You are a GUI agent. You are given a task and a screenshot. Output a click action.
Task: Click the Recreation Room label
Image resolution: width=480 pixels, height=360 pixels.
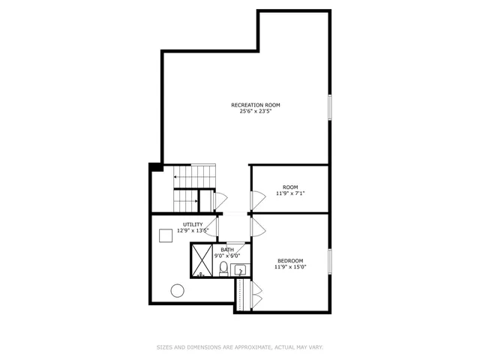[260, 105]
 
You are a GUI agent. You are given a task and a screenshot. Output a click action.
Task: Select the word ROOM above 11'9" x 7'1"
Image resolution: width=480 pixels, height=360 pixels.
[290, 187]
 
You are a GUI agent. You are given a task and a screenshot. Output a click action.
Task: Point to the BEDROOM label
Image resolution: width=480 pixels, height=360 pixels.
[290, 260]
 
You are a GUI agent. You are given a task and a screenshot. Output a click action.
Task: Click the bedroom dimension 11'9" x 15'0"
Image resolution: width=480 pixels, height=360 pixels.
[290, 267]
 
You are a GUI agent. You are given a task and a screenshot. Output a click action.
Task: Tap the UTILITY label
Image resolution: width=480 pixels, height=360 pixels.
[193, 224]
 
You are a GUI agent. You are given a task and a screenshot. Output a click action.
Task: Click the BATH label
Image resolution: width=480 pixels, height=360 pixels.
[227, 249]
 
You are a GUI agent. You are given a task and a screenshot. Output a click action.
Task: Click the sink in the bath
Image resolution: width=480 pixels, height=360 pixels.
[240, 269]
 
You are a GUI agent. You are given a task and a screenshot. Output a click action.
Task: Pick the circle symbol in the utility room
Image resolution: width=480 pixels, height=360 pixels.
[178, 290]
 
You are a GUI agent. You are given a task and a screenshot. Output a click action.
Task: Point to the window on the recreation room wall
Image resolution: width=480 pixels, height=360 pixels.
[328, 106]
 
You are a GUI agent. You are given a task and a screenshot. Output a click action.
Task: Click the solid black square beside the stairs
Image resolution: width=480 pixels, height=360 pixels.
[155, 166]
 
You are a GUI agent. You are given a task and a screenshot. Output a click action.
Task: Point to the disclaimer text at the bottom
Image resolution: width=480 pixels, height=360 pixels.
[239, 347]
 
